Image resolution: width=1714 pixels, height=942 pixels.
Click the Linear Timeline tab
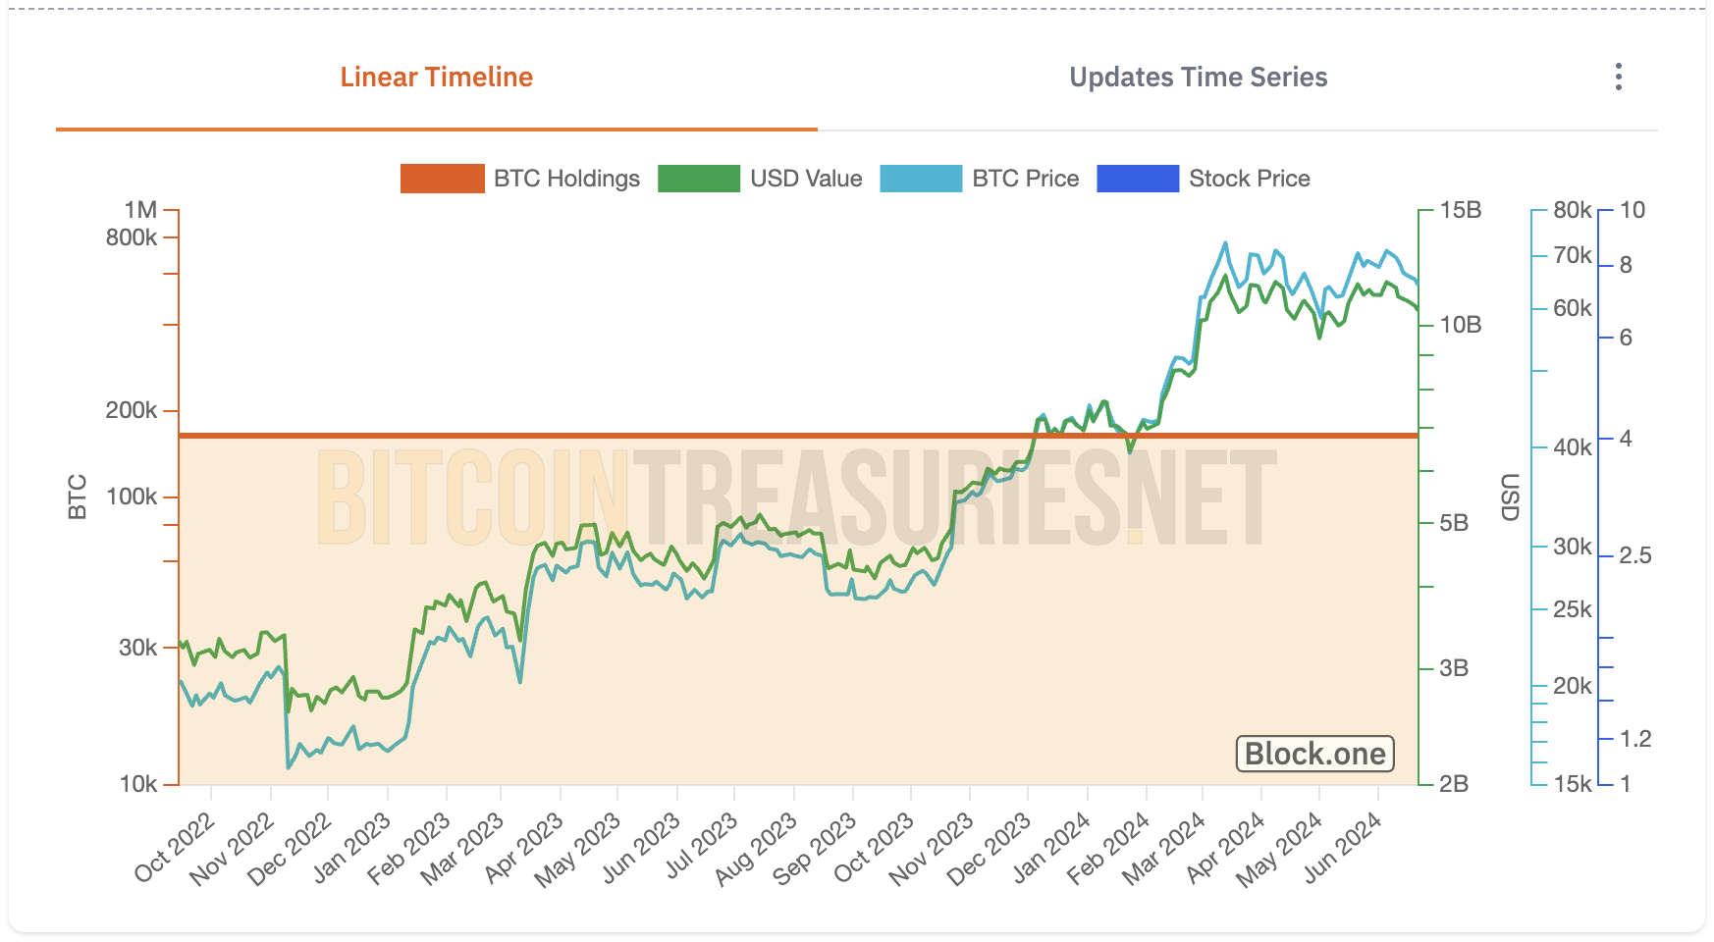point(436,78)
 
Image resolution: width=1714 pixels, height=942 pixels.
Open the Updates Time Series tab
point(1198,78)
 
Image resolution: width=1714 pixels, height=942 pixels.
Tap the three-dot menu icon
point(1618,78)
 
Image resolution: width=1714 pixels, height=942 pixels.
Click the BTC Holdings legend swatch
point(442,179)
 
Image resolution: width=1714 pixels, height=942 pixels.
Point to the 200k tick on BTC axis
point(132,410)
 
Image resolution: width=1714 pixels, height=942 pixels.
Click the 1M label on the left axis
point(140,210)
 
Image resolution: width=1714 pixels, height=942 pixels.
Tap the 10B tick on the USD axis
point(1460,325)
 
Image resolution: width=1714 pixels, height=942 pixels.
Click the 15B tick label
point(1460,210)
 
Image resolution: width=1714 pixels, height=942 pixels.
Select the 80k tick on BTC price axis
point(1572,210)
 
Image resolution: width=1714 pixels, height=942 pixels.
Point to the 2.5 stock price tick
point(1634,555)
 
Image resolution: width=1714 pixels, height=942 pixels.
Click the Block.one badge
point(1314,754)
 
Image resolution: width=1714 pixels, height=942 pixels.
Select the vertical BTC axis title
point(78,497)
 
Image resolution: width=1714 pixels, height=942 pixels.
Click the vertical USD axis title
point(1510,497)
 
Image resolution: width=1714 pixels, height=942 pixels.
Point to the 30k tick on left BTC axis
point(137,648)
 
